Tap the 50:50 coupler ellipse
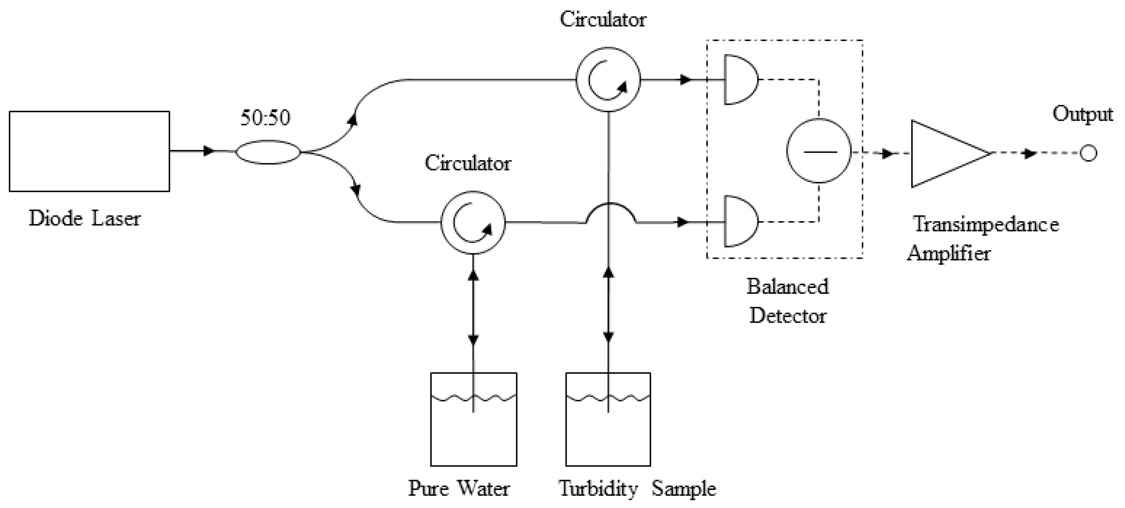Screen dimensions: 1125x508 268,152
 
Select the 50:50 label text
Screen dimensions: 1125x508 265,117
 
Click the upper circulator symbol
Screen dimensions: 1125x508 608,79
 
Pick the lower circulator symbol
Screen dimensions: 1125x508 473,223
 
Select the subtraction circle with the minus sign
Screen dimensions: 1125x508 819,151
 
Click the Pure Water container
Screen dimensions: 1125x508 474,419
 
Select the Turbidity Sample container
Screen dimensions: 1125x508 608,419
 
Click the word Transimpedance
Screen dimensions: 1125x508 986,225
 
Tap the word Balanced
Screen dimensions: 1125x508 787,287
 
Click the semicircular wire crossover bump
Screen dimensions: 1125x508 611,213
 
